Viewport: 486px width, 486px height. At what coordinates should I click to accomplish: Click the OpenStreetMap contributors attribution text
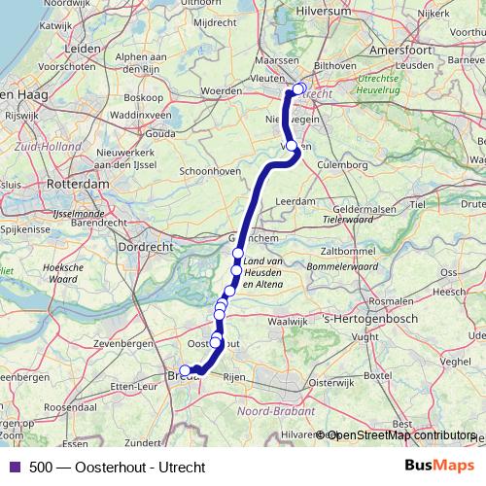(400, 434)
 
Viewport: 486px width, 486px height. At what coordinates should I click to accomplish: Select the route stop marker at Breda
(185, 370)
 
